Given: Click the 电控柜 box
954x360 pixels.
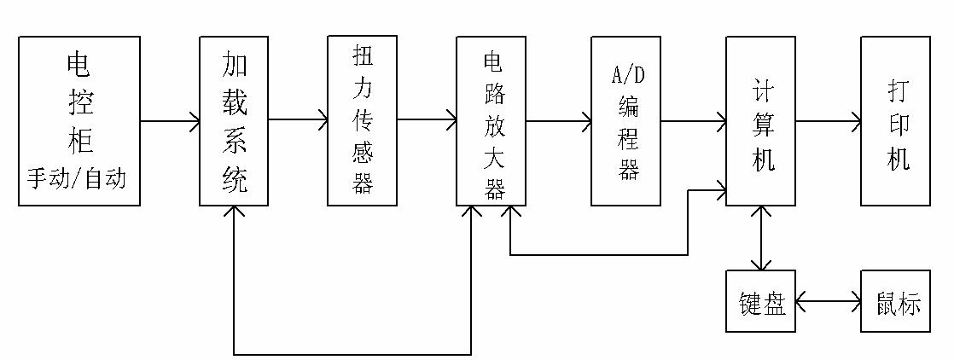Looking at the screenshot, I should [x=79, y=120].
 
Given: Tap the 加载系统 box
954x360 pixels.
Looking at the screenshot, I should [x=234, y=120].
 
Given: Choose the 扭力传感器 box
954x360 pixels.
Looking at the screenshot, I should [x=362, y=120].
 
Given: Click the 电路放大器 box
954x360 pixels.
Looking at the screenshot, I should [x=492, y=120].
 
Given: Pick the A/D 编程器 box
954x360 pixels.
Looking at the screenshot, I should [x=626, y=120].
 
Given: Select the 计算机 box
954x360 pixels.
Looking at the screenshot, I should [x=761, y=120].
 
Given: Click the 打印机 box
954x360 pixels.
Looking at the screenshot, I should [x=895, y=120].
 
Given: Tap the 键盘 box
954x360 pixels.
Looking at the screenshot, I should [x=761, y=302].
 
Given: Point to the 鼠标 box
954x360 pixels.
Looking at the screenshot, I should [x=895, y=302].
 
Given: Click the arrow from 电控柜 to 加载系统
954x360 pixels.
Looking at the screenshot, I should [x=170, y=121].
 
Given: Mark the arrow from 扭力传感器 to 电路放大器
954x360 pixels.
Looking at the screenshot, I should [x=427, y=121].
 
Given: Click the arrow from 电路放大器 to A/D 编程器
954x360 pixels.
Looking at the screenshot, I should [x=559, y=121].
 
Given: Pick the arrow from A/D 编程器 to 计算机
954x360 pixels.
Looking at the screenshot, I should [x=693, y=121].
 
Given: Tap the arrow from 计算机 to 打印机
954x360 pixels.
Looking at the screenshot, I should [x=829, y=121].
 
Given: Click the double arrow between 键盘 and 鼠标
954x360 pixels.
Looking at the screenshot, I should [x=829, y=301].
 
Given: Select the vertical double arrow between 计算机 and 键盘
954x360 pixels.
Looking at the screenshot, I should [x=761, y=238].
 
